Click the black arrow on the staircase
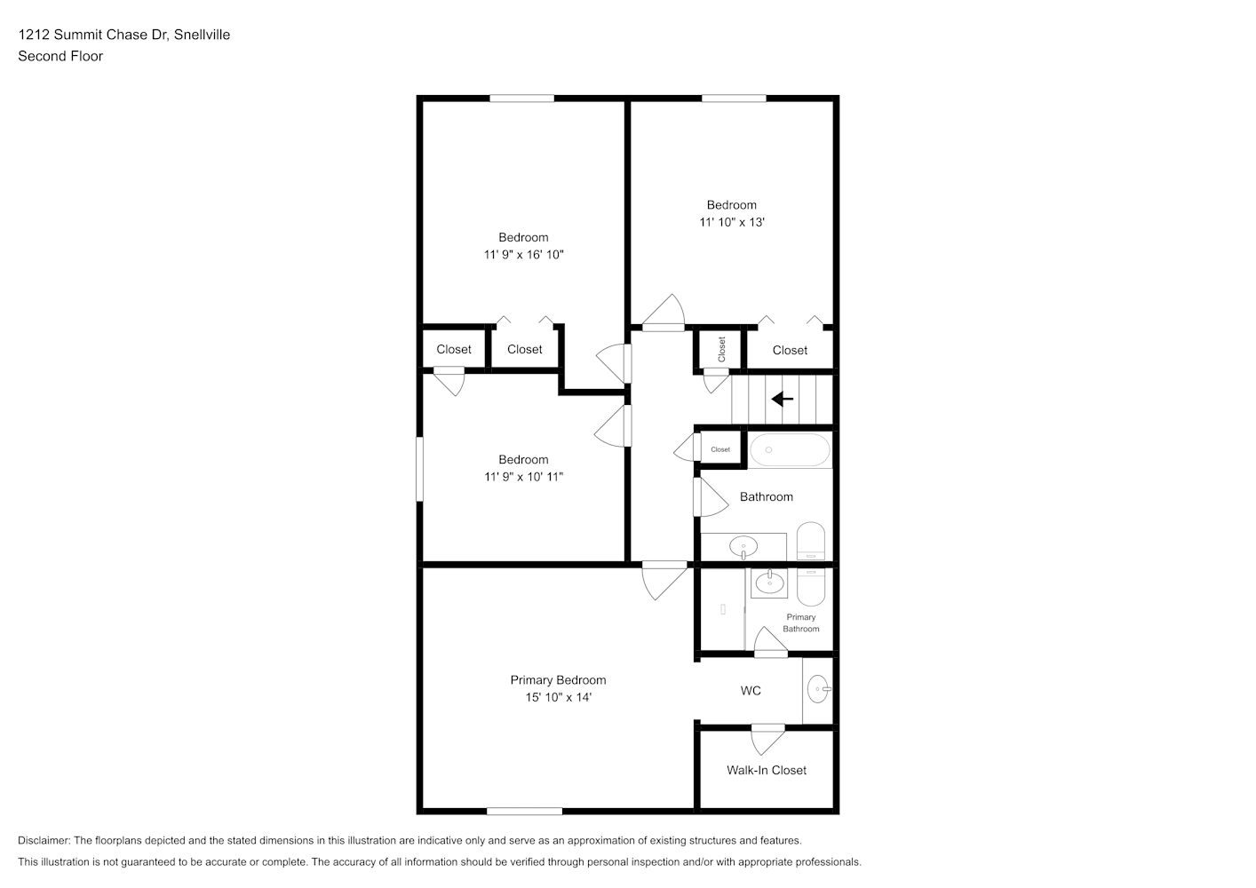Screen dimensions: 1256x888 [782, 399]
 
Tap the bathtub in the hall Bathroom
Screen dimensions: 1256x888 [790, 449]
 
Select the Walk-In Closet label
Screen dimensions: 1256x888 [767, 770]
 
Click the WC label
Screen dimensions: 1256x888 [751, 691]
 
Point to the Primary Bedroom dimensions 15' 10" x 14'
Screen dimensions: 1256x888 [559, 697]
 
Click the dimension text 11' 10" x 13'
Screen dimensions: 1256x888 [732, 222]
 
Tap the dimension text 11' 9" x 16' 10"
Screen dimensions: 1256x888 [524, 255]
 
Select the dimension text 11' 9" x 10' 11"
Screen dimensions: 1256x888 [524, 477]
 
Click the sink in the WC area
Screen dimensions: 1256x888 [819, 689]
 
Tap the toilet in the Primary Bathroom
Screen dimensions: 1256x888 [811, 587]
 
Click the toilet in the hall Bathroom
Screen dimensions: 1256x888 [811, 541]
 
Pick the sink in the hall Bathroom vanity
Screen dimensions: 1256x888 [743, 547]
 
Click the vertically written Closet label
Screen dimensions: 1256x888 [721, 349]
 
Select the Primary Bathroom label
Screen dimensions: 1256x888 [800, 622]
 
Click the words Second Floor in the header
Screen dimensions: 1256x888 [60, 56]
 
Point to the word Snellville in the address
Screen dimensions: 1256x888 [202, 35]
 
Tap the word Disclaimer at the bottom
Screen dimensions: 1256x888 [44, 840]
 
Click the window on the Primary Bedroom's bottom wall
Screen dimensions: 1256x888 [524, 812]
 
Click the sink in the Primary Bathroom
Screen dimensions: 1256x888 [769, 583]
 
